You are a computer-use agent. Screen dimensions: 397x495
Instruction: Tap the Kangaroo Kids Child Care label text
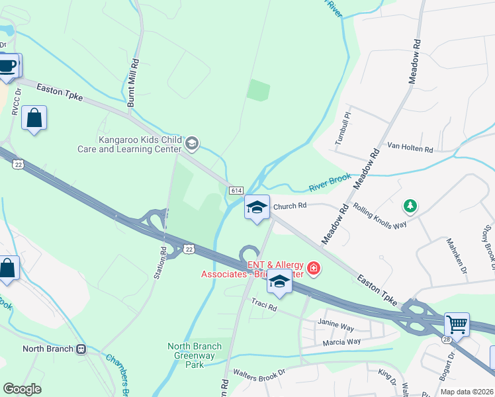click(x=140, y=144)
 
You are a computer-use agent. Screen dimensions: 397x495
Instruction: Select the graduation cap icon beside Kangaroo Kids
click(x=192, y=142)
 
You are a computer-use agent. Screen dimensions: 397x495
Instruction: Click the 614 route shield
click(x=236, y=190)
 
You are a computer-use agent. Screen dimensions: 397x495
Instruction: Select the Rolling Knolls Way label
click(x=379, y=209)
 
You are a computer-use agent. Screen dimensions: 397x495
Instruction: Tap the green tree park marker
click(x=411, y=206)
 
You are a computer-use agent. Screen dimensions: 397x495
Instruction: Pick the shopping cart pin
click(x=457, y=325)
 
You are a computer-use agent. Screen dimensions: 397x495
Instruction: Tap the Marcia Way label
click(x=341, y=341)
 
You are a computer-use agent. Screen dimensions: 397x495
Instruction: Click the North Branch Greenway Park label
click(x=195, y=355)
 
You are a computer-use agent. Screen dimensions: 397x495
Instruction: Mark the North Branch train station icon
click(x=81, y=349)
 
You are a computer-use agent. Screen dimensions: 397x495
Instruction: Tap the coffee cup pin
click(x=7, y=66)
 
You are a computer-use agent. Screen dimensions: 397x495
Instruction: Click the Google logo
click(x=22, y=389)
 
